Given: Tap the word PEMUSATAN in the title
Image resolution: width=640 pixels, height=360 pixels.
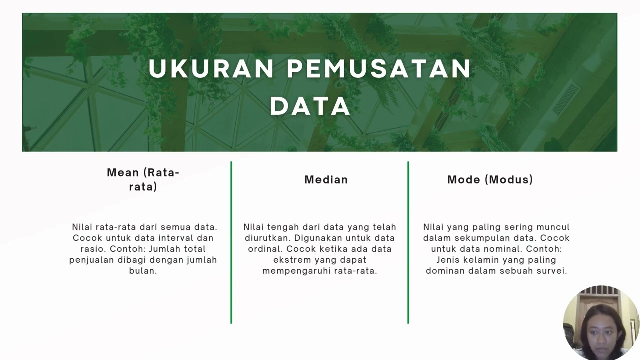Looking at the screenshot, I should coord(379,69).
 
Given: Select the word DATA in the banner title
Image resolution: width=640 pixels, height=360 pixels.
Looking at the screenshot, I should coord(310,106).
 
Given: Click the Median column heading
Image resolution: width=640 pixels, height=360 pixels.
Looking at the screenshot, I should coord(326,180).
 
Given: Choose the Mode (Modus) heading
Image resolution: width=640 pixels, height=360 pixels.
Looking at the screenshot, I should coord(490,180).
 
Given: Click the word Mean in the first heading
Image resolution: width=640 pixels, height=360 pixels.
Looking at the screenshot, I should coord(122,173).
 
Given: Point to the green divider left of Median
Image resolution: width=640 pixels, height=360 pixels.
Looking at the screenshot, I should coord(231,242).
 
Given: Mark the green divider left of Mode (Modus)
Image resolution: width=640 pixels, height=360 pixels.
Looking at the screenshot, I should coord(408,242).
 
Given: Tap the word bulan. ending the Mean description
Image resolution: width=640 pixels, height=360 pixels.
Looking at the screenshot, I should coord(143,271).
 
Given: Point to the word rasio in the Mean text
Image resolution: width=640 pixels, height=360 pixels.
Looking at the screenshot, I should coord(93,249).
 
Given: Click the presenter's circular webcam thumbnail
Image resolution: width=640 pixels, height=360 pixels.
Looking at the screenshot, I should coord(601,323).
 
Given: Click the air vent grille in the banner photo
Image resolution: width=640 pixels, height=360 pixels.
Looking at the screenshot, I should coord(565,99).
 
